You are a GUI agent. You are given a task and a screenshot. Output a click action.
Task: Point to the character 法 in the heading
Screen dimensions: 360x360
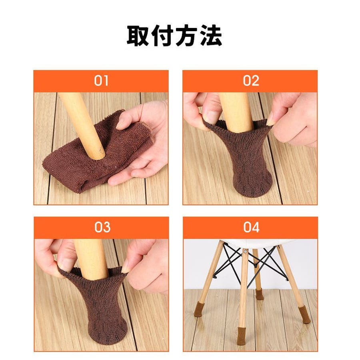[211, 36]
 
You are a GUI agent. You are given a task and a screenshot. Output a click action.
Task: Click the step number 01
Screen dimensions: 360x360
[101, 81]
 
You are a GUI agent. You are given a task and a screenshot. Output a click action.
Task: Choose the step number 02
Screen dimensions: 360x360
[251, 81]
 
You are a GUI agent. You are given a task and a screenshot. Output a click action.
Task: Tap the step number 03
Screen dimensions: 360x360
[102, 227]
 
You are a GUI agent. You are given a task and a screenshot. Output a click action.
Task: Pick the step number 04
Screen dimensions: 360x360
[251, 227]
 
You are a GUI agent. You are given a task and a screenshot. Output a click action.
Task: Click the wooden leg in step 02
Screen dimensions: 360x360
[236, 112]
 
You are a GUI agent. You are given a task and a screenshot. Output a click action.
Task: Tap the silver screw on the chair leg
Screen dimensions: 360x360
[246, 252]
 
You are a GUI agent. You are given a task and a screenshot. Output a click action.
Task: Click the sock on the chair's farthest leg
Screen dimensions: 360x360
[260, 294]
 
